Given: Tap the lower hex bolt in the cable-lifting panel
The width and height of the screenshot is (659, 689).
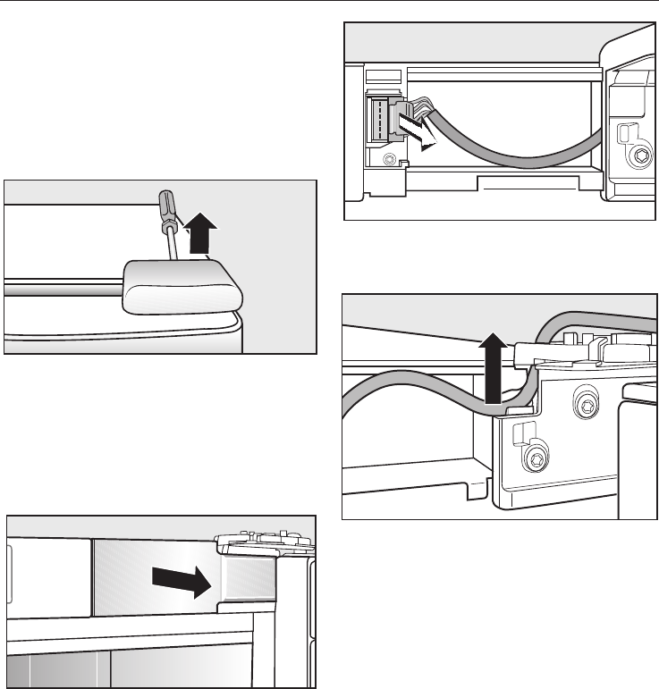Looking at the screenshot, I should pyautogui.click(x=536, y=459).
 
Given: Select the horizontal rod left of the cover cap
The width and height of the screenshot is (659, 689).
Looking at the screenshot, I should pyautogui.click(x=63, y=289).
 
